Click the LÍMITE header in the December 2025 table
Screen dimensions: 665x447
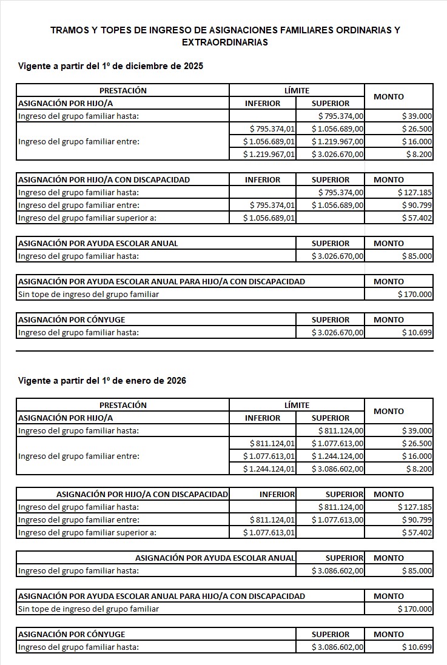297,90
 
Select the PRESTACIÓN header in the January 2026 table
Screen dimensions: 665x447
123,405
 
